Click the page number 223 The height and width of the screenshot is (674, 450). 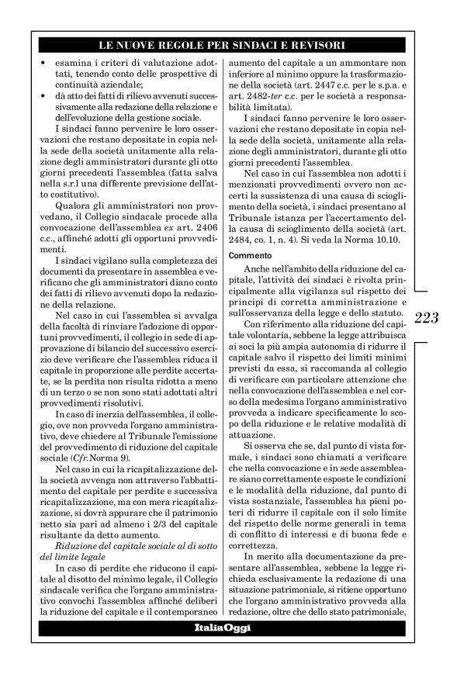427,317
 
